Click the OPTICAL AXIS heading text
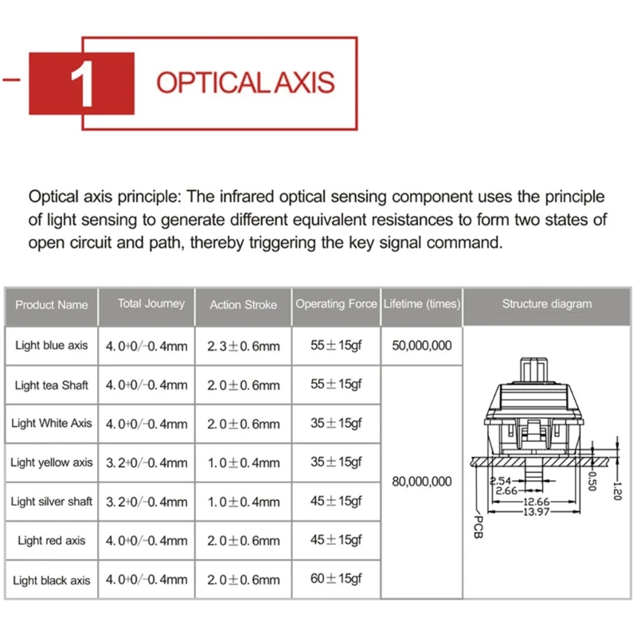coord(245,83)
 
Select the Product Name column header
coord(52,304)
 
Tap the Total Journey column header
coord(151,303)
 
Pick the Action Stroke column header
coord(244,304)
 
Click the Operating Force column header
coord(336,303)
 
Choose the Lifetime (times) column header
coord(421,303)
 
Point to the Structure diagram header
coord(547,303)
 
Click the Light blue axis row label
coord(52,346)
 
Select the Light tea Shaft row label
coord(52,385)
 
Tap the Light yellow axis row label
coord(52,462)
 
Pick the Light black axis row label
coord(52,580)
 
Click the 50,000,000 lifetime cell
coord(422,346)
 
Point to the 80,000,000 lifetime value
coord(422,481)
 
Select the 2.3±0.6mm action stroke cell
coord(244,346)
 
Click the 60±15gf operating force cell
coord(336,579)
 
